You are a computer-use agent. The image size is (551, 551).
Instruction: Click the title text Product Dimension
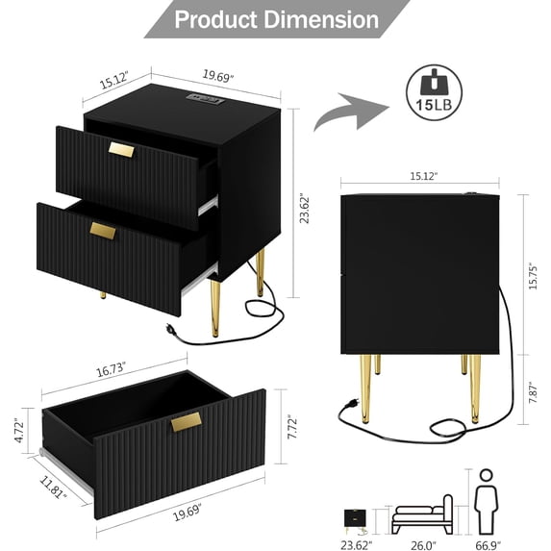275,18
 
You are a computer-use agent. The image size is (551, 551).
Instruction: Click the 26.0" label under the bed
422,542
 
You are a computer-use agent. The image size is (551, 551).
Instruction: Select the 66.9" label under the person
486,542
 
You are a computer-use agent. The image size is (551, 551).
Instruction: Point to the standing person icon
486,500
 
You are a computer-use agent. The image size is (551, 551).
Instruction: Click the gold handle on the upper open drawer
122,150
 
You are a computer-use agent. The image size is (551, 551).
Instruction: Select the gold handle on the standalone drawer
187,422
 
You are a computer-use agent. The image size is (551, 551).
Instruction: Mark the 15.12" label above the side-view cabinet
422,176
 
